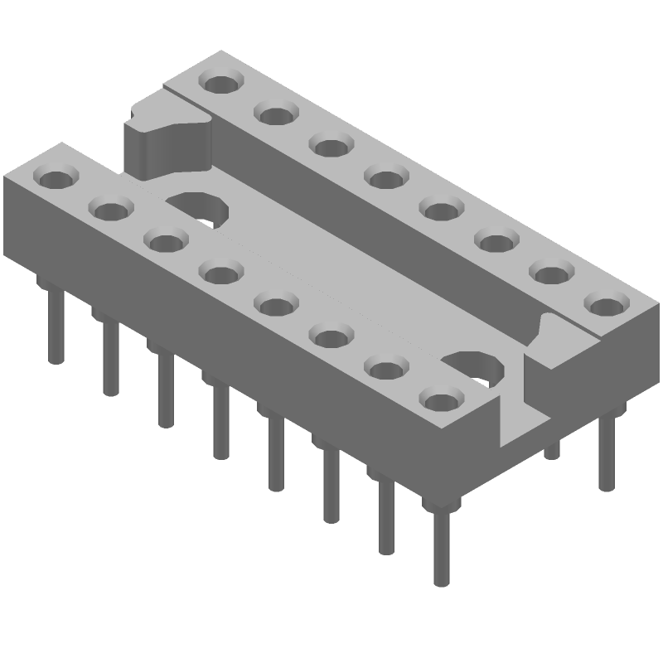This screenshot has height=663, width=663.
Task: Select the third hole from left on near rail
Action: pos(165,241)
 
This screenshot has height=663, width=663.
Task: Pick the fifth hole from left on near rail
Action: pos(274,304)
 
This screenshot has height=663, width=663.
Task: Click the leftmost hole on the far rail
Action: pos(220,83)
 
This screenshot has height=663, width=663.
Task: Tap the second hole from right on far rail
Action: pos(550,273)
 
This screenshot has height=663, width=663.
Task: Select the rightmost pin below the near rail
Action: pos(439,547)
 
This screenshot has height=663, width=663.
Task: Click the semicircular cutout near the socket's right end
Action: pos(477,369)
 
